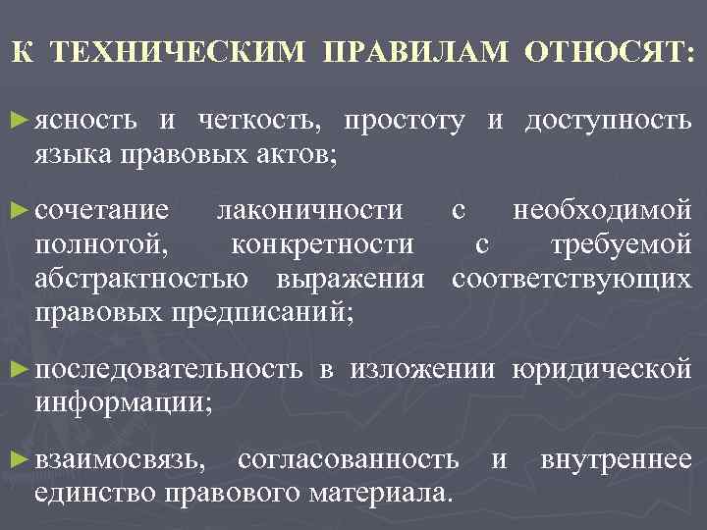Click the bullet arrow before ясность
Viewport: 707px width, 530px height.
[x=19, y=120]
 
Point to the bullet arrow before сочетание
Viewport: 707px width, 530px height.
[x=19, y=208]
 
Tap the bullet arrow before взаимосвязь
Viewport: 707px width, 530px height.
[x=19, y=457]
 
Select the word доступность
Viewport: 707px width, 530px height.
[x=608, y=122]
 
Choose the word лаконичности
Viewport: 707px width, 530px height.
[x=309, y=210]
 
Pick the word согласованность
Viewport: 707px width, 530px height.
[x=348, y=458]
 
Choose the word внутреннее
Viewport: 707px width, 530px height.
[x=616, y=458]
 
